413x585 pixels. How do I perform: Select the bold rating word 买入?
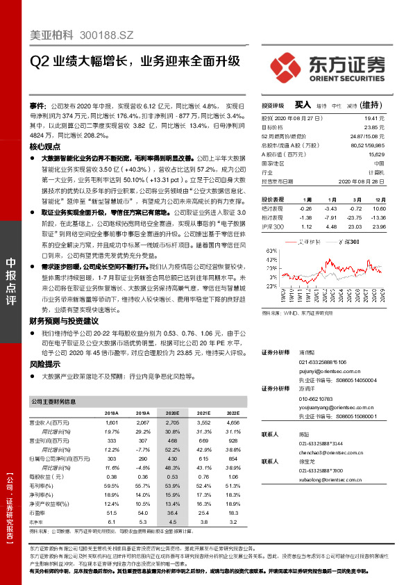click(302, 105)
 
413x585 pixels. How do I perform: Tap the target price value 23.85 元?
click(374, 127)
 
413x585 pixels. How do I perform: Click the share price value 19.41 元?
click(374, 119)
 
